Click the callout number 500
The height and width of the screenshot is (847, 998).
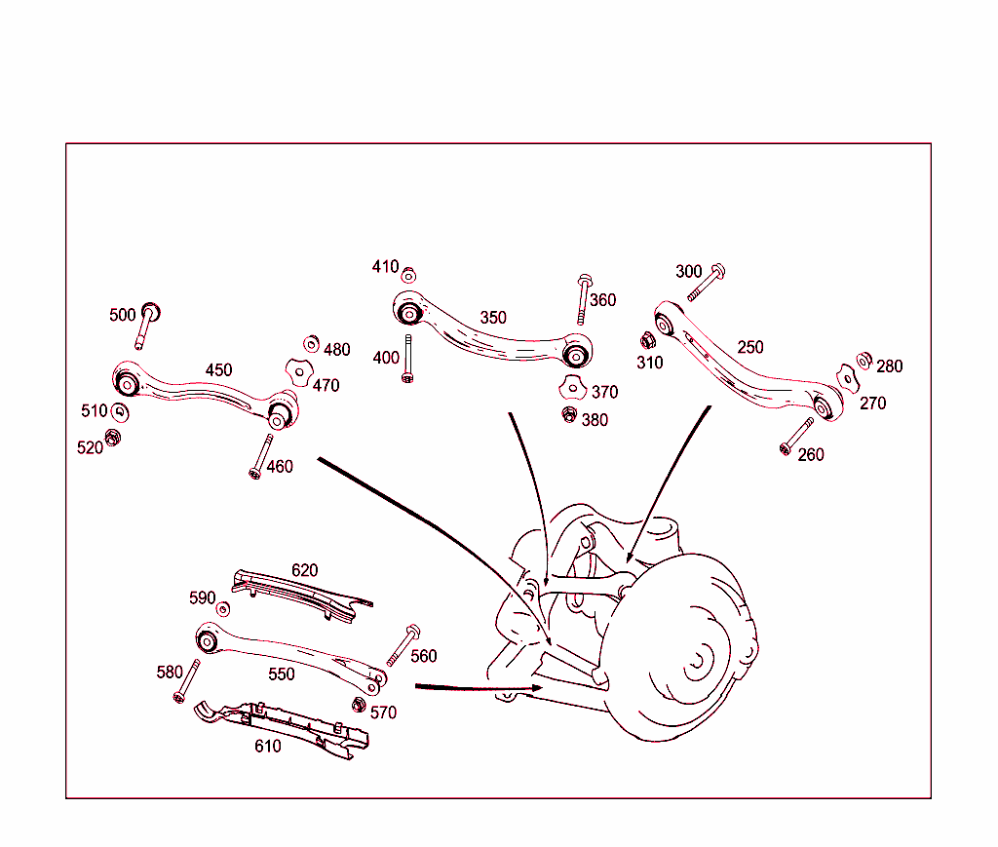(x=123, y=315)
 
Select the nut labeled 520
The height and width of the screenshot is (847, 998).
(x=112, y=439)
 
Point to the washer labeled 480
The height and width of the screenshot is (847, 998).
(x=312, y=343)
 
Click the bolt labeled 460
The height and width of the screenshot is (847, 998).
(x=260, y=455)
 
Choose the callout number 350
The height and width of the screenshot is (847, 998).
(x=493, y=318)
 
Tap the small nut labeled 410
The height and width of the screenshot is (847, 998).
(x=408, y=274)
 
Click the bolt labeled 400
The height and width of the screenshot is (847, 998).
(x=407, y=359)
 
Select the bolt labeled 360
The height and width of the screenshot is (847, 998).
(x=583, y=298)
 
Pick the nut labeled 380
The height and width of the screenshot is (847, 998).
(x=569, y=415)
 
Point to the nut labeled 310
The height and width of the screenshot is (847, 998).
(x=646, y=340)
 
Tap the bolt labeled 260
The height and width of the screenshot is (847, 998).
(x=797, y=435)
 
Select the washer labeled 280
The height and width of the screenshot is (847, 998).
(x=864, y=360)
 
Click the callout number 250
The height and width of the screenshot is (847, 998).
(x=750, y=347)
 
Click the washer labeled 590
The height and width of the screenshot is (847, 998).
(x=223, y=609)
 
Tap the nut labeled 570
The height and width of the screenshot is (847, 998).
(x=357, y=705)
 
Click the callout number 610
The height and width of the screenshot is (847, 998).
(x=267, y=747)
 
